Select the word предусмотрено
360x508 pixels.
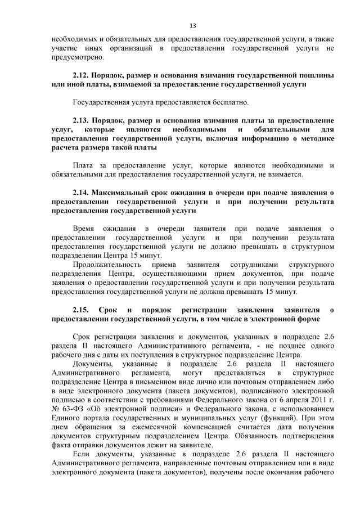click(x=76, y=57)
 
